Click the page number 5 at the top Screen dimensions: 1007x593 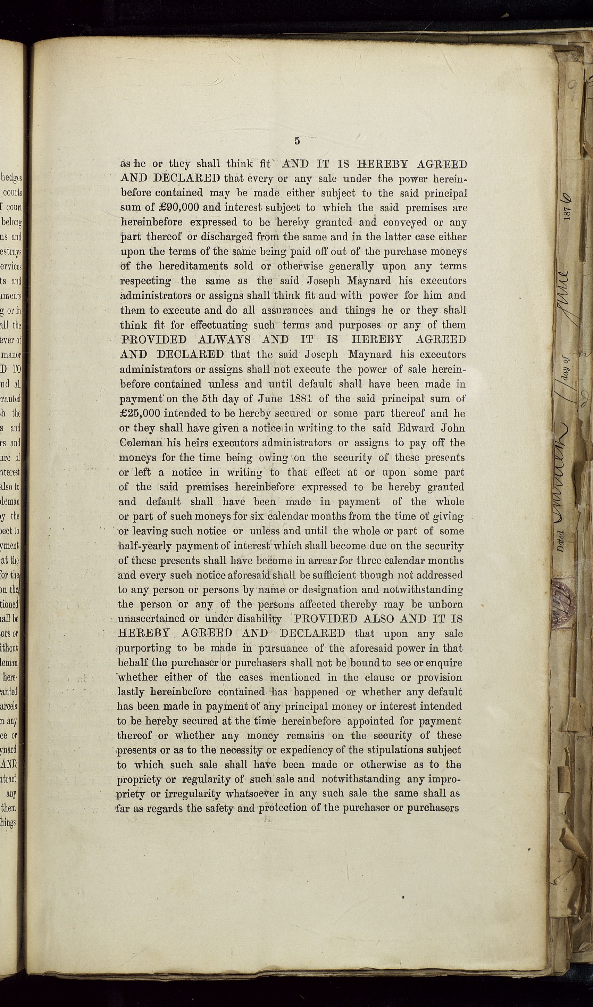pos(297,141)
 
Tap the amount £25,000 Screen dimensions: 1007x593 pos(140,413)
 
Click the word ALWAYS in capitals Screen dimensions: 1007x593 pos(225,340)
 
